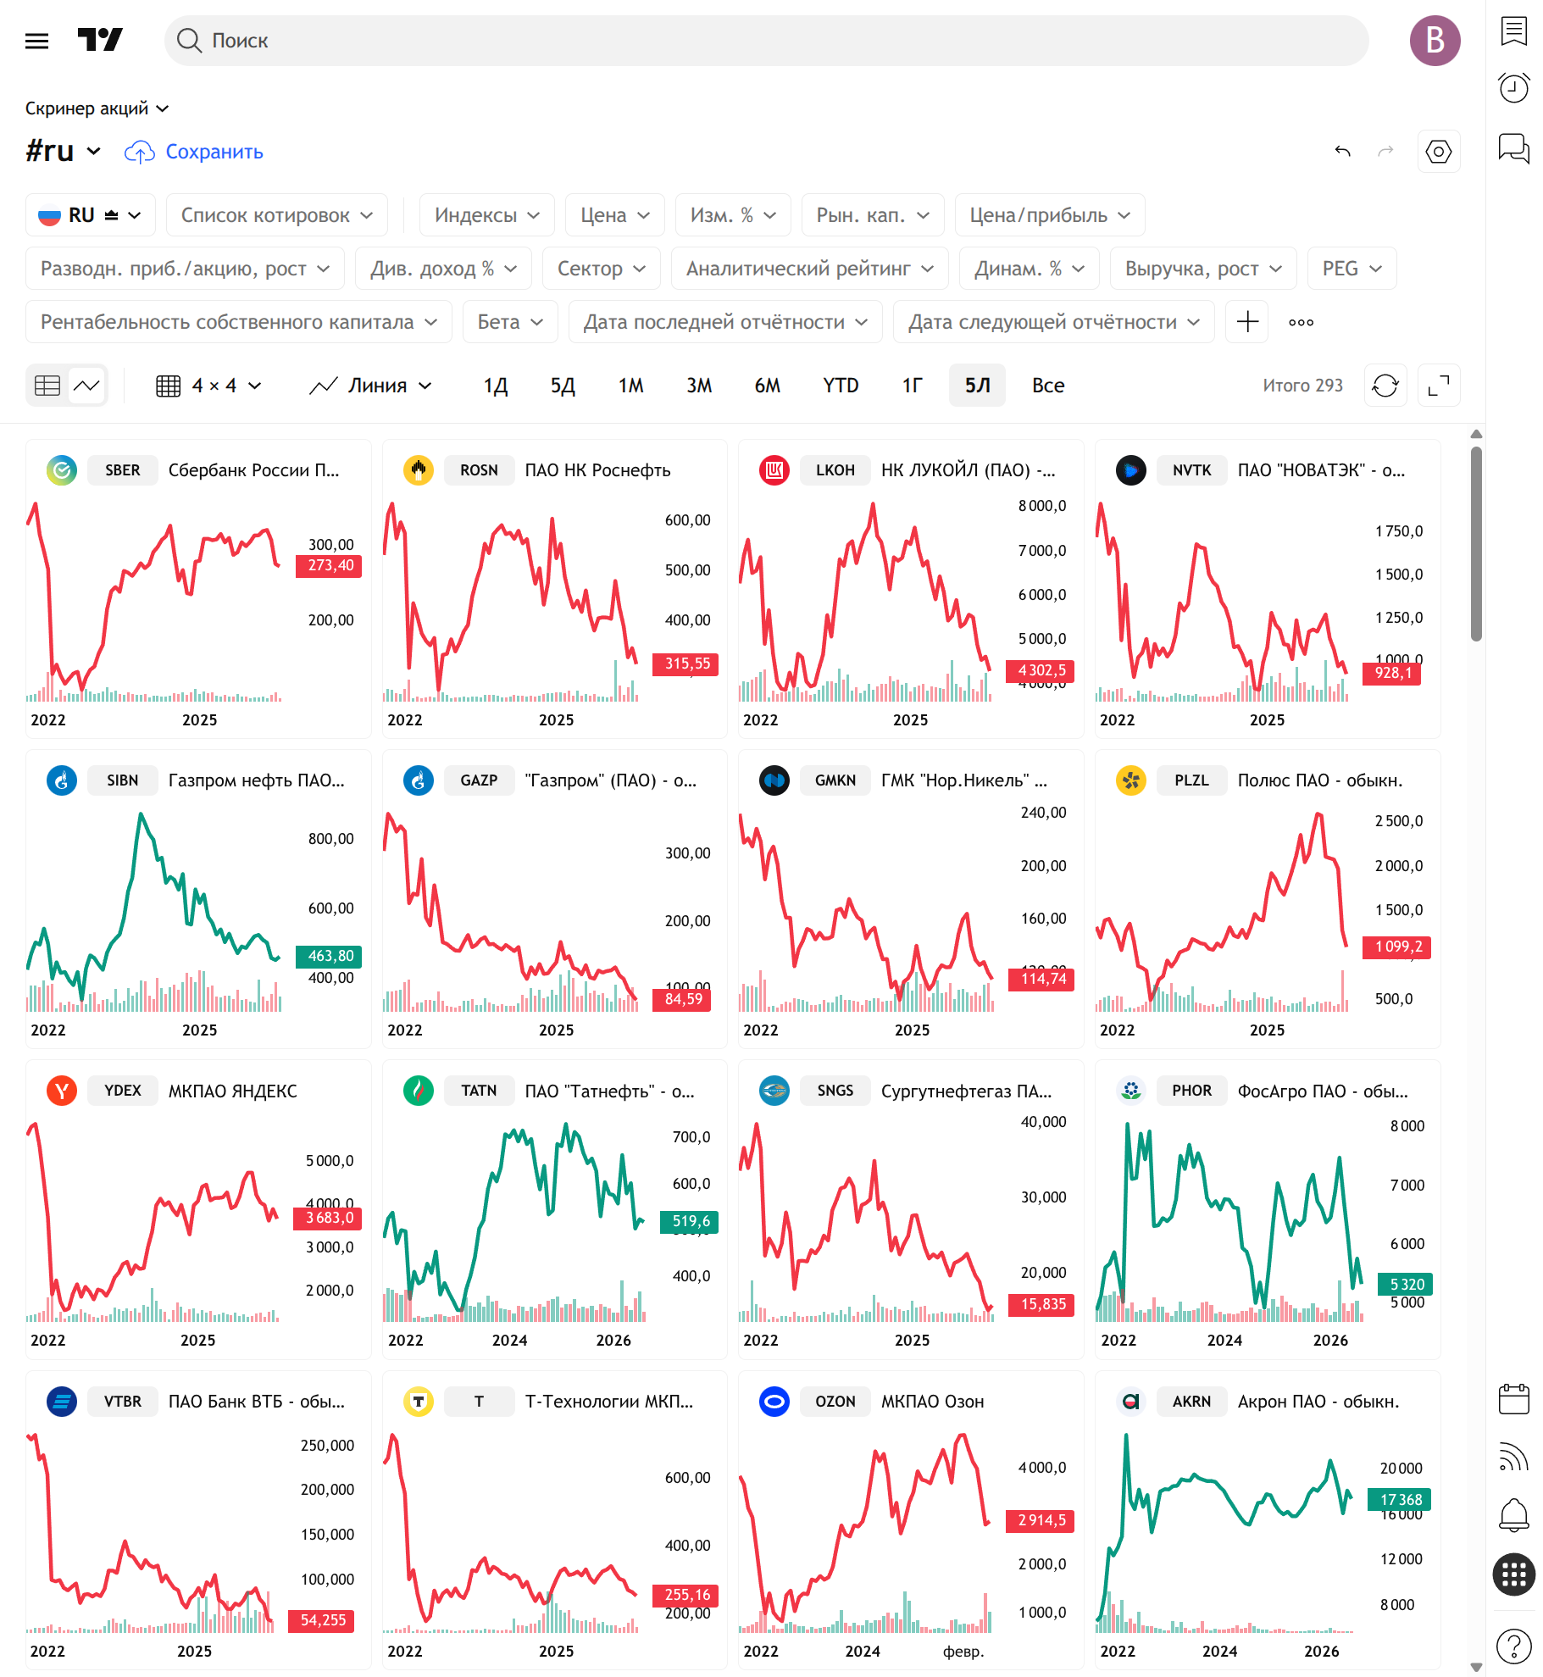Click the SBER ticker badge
(123, 470)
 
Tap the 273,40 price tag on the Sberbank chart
(329, 566)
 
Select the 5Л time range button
(977, 386)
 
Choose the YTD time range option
(841, 386)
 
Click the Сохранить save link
(214, 152)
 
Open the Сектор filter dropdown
(602, 269)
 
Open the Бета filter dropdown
(510, 322)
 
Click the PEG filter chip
(1352, 269)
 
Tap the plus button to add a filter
(1247, 322)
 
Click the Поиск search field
(766, 41)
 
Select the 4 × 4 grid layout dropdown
(209, 386)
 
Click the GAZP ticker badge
(480, 780)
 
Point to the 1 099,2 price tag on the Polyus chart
(1396, 947)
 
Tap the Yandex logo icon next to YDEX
(62, 1091)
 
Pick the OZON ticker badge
(835, 1402)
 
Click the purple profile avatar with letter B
(1435, 41)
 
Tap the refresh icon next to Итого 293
(1385, 386)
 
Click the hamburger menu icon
(37, 41)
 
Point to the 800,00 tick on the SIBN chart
(330, 839)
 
